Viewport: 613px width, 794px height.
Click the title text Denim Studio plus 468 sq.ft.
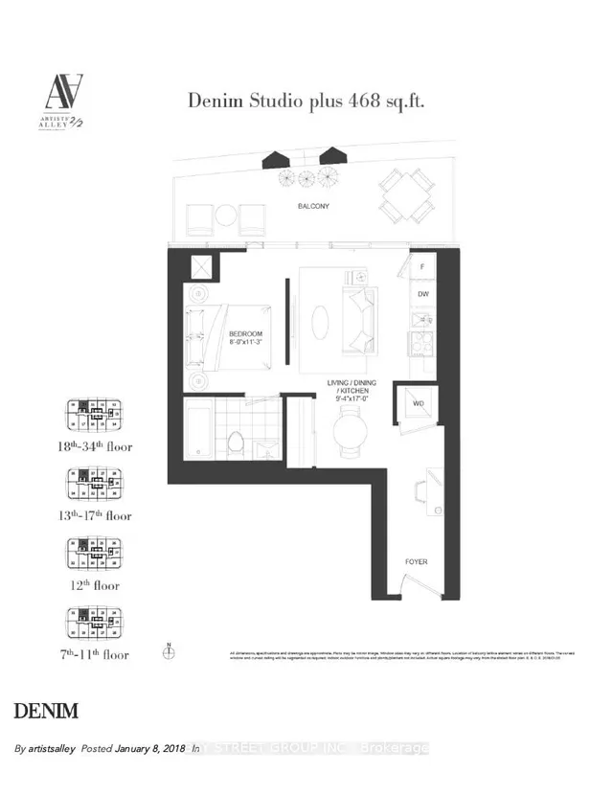click(306, 99)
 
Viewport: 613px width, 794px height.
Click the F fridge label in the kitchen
click(421, 267)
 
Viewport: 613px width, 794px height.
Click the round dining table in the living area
click(349, 428)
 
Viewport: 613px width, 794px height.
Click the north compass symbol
click(169, 652)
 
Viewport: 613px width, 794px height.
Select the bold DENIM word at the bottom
click(46, 712)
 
